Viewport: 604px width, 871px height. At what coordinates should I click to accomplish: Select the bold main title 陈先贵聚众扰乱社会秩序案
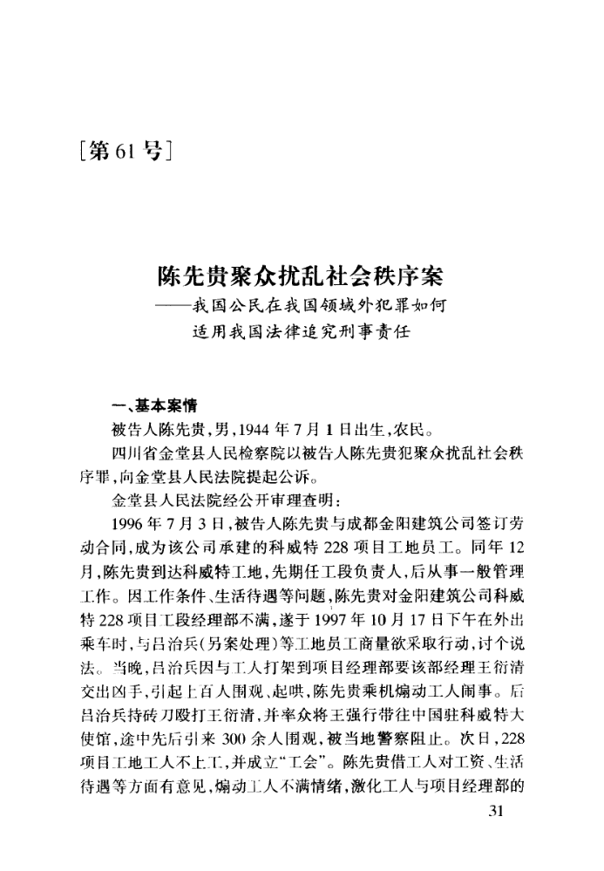click(x=301, y=276)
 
